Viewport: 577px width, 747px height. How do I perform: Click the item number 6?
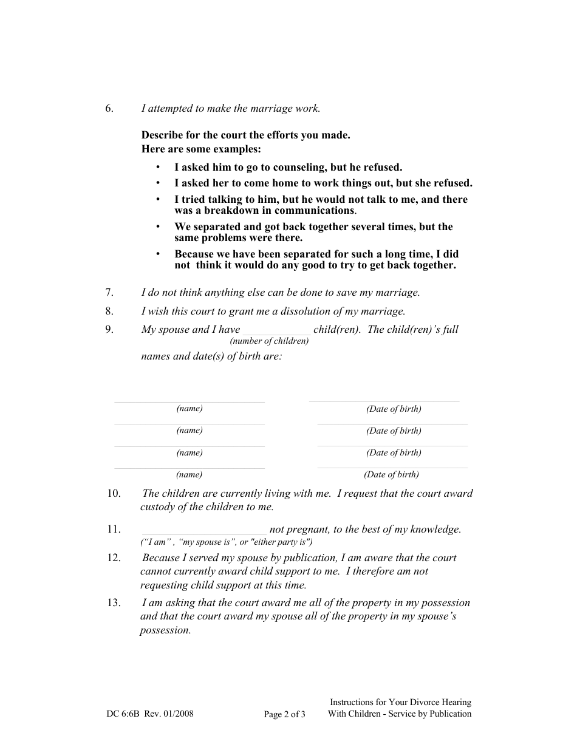click(x=109, y=109)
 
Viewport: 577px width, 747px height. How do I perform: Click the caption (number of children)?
click(x=269, y=341)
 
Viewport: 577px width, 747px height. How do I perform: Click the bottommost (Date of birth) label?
click(x=392, y=475)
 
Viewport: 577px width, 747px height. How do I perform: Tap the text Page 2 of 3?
click(x=284, y=714)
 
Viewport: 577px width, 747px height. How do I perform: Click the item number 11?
click(x=114, y=530)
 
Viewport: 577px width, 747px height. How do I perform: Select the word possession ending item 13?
click(x=165, y=630)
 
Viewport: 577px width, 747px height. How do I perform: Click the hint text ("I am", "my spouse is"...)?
click(x=227, y=542)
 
